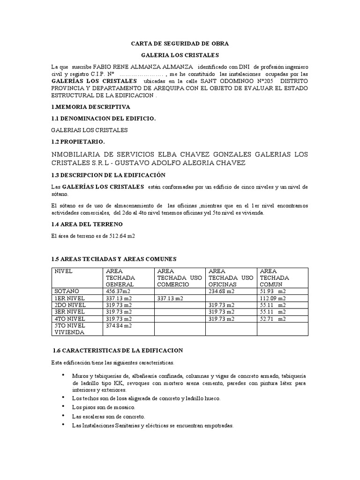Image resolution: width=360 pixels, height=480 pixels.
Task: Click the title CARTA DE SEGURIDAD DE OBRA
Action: (180, 44)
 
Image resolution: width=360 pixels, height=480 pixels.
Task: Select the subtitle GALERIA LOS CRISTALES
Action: (180, 55)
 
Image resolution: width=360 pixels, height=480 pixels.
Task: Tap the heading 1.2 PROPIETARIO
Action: (78, 141)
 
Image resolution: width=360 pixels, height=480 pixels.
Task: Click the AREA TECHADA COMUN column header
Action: (274, 277)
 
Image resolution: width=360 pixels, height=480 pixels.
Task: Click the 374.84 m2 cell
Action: (120, 325)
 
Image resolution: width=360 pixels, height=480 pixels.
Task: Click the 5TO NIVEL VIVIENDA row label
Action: (70, 328)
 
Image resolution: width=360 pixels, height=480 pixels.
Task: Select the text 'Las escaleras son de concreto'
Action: (108, 416)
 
